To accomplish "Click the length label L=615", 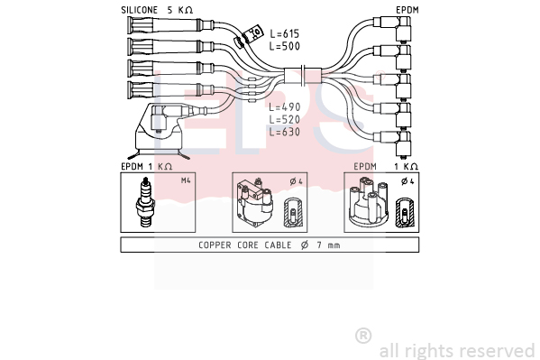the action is tap(285, 33).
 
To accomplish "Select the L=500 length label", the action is tap(285, 46).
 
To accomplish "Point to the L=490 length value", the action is tap(285, 106).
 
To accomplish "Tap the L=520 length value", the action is tap(285, 119).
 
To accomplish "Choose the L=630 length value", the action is tap(285, 132).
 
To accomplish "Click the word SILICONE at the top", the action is tap(139, 10).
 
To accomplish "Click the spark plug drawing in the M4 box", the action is tap(146, 202).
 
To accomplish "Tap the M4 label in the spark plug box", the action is tap(186, 180).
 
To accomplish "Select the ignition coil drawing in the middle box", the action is tap(255, 203).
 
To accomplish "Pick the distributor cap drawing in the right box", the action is tap(369, 202).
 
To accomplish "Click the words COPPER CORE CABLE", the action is tap(245, 245).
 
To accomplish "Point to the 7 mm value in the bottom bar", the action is tap(328, 245).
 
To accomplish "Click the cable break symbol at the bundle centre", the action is tap(303, 75).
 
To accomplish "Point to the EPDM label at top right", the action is tap(407, 10).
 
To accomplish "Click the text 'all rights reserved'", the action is tap(457, 351).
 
